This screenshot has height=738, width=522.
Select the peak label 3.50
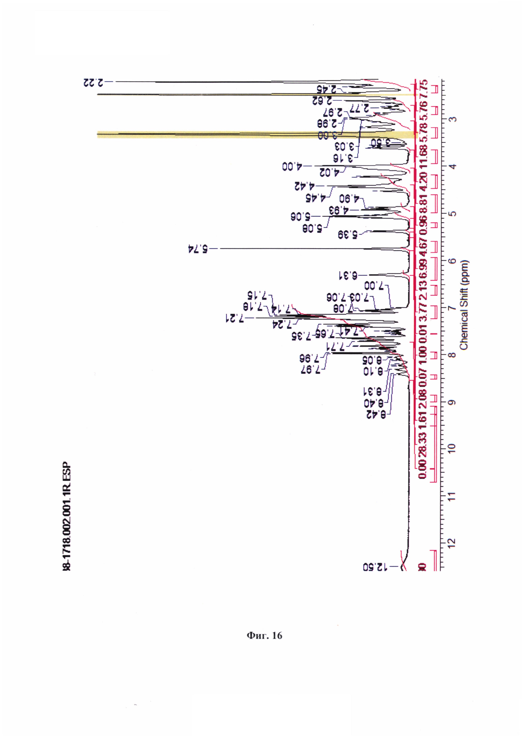(381, 143)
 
